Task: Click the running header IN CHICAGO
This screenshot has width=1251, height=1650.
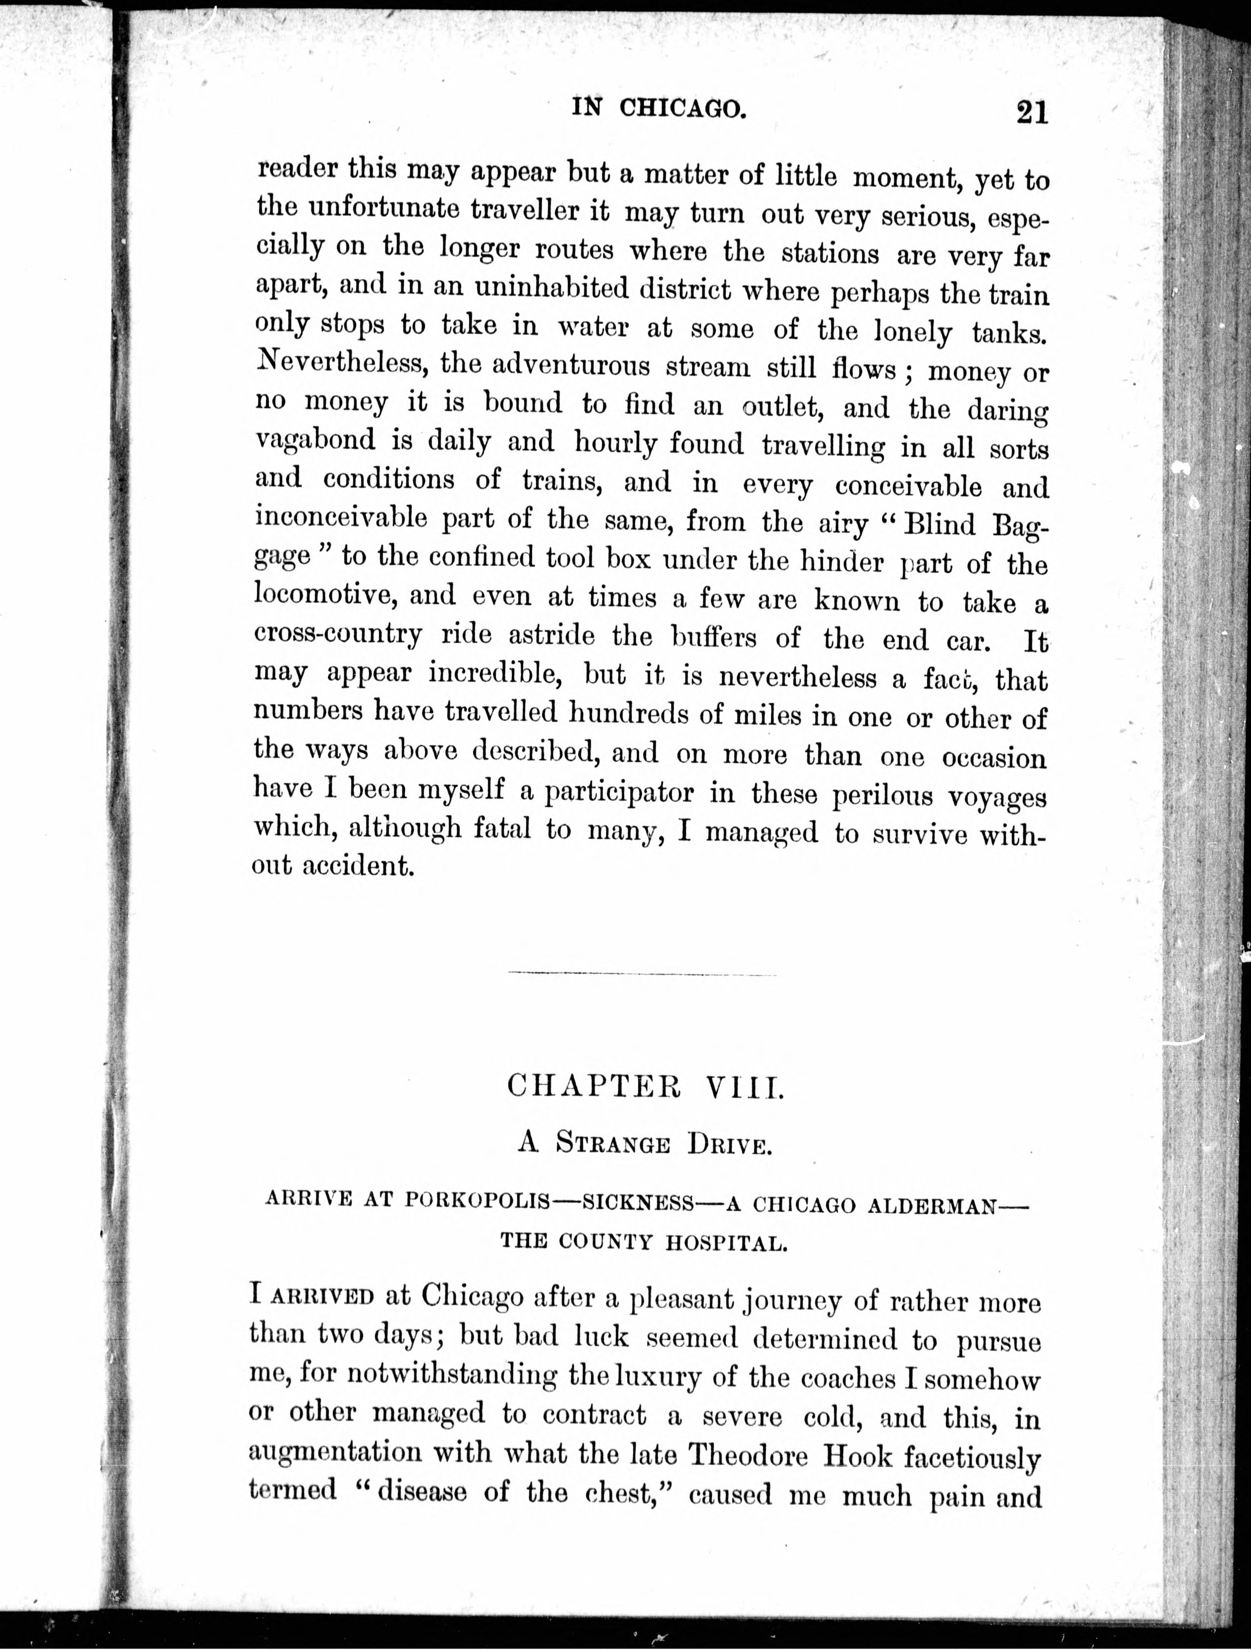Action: [x=659, y=109]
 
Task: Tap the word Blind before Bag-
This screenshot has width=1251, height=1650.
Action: [x=939, y=525]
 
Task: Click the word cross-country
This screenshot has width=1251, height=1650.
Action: [x=338, y=635]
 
